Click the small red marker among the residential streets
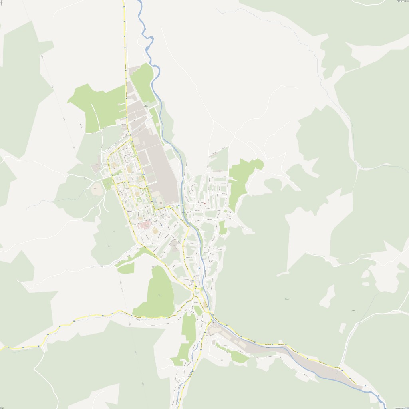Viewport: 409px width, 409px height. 204,204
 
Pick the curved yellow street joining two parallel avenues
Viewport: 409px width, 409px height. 136,187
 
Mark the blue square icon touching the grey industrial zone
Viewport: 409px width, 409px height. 179,206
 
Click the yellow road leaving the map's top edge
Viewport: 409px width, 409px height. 123,3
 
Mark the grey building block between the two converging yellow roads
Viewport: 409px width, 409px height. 175,244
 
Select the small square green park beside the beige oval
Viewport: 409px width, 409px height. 107,184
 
